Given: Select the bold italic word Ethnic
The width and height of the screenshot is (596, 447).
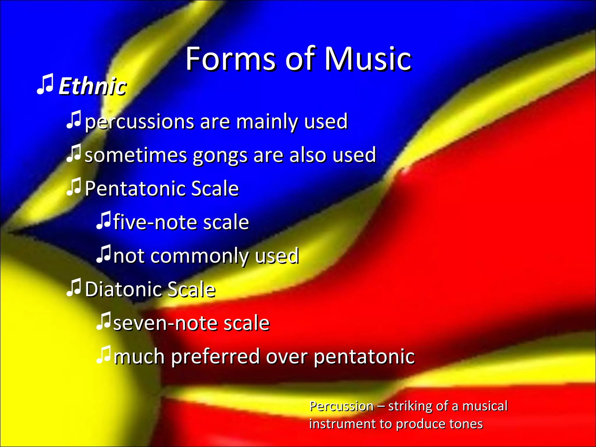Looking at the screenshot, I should [x=93, y=86].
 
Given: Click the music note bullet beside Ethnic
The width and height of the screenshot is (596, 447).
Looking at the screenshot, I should [x=45, y=84].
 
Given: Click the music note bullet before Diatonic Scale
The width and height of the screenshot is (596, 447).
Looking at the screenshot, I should [x=74, y=288].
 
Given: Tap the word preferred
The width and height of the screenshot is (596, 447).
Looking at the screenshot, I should [x=215, y=357].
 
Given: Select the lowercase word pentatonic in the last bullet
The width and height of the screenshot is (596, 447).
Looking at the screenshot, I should [x=364, y=357].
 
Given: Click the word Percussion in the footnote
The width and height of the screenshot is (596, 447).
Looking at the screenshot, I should [x=341, y=406].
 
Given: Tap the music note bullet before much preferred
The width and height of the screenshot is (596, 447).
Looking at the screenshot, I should [x=103, y=355].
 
